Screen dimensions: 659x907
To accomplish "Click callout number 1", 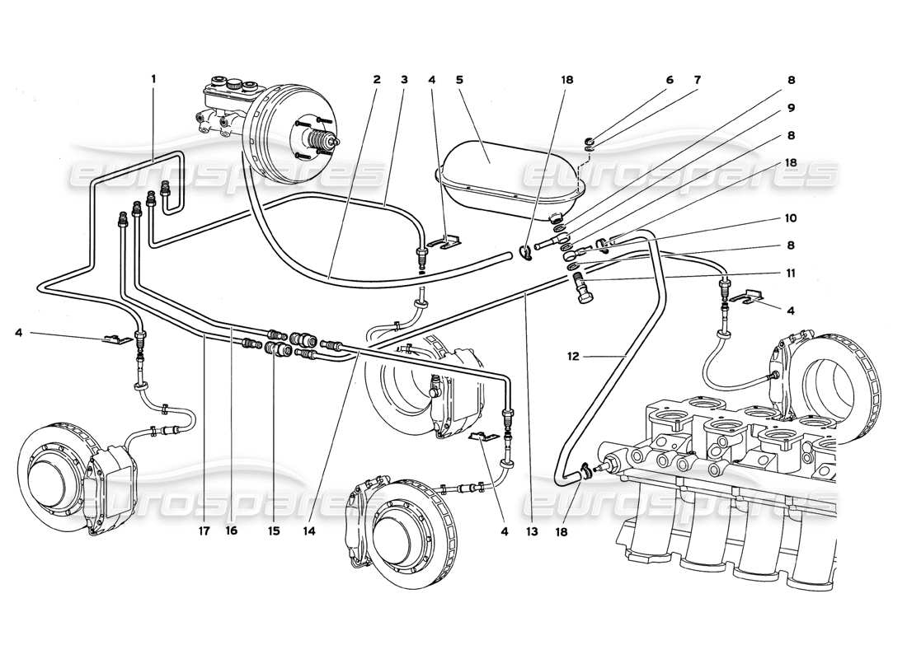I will point(153,79).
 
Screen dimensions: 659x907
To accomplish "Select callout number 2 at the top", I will point(377,80).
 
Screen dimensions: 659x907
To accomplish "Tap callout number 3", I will point(404,80).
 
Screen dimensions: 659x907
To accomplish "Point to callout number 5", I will point(460,80).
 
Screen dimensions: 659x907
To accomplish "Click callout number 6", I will point(670,80).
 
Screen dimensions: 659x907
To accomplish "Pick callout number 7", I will point(697,80).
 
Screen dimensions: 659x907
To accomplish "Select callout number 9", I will point(790,108).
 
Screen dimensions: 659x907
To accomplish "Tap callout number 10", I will point(790,218).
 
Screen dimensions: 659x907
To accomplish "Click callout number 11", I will point(790,273).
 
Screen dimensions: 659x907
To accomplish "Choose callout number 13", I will point(533,532).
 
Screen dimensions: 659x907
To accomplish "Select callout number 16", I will point(232,532).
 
